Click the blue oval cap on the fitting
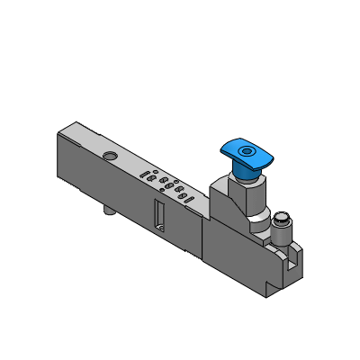point(245,151)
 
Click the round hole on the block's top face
point(110,157)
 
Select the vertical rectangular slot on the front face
point(158,216)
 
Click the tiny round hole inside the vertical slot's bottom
point(158,228)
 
